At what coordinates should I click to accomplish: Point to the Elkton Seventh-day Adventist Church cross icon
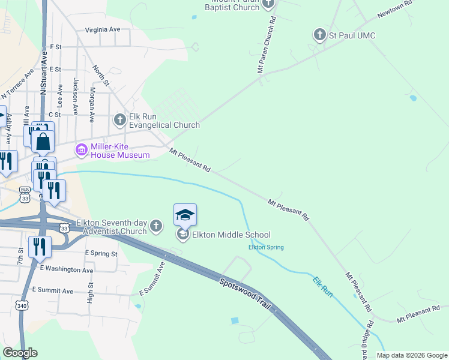(156, 226)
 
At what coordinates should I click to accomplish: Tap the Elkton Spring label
(266, 247)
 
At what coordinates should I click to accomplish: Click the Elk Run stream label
(322, 284)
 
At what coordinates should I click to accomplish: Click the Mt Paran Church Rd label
(267, 45)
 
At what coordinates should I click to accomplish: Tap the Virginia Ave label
(103, 29)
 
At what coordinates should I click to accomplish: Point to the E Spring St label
(101, 254)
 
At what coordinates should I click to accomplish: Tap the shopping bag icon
(43, 142)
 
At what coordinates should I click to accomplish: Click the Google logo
(20, 353)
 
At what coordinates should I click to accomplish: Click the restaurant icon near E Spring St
(40, 247)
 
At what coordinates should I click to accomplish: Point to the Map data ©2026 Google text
(411, 355)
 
